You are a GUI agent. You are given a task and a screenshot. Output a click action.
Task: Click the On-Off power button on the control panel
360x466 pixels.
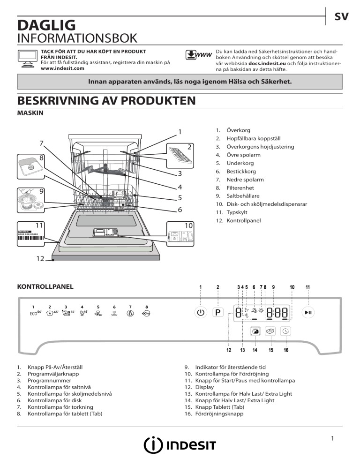201,312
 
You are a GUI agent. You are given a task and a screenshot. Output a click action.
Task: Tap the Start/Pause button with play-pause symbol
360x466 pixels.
307,312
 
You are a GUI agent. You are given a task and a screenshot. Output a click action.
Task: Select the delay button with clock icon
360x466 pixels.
286,331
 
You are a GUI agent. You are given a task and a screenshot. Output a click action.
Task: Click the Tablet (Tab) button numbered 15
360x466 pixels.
271,331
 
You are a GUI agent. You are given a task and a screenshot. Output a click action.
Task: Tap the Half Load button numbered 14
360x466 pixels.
255,331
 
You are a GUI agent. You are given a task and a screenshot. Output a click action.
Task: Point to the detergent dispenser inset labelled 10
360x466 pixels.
180,234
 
